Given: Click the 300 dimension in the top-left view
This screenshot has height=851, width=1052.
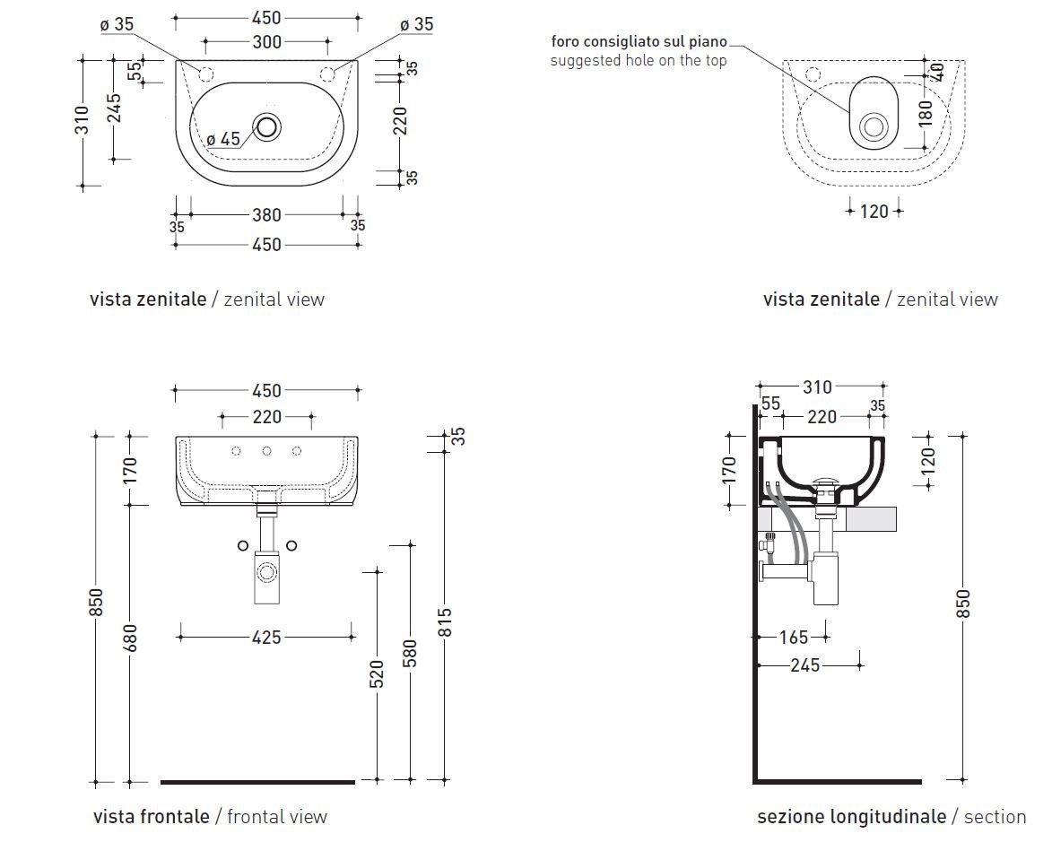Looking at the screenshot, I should coord(267,41).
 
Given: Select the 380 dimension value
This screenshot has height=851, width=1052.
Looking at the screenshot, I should coord(267,215).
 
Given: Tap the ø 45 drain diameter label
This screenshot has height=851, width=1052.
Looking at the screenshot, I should coord(223,139).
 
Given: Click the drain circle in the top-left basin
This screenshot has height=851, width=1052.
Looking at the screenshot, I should coord(267,126).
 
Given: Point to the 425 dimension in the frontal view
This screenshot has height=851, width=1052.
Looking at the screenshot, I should coord(266,638).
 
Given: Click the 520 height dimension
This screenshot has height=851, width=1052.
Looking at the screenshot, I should coord(377,673).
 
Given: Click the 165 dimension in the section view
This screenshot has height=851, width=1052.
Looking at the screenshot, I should coord(794,638).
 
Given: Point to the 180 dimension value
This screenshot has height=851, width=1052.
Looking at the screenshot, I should coord(926,112).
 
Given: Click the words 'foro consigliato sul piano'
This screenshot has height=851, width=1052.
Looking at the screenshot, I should coord(639,42).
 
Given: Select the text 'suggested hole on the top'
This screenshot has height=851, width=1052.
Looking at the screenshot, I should coord(638,60).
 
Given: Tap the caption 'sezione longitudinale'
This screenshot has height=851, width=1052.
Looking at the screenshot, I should coord(851,817).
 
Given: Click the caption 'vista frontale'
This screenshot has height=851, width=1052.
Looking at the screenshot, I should coord(151,817).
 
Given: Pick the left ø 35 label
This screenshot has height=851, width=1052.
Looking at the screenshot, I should coord(117,25).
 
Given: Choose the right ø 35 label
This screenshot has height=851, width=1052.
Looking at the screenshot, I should coord(416,25).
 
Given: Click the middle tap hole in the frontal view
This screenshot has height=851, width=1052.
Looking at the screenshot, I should coord(266,451).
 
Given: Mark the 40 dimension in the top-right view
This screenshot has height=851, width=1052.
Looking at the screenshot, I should coord(938,71).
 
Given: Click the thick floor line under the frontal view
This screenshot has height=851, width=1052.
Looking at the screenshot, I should coord(257,782).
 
